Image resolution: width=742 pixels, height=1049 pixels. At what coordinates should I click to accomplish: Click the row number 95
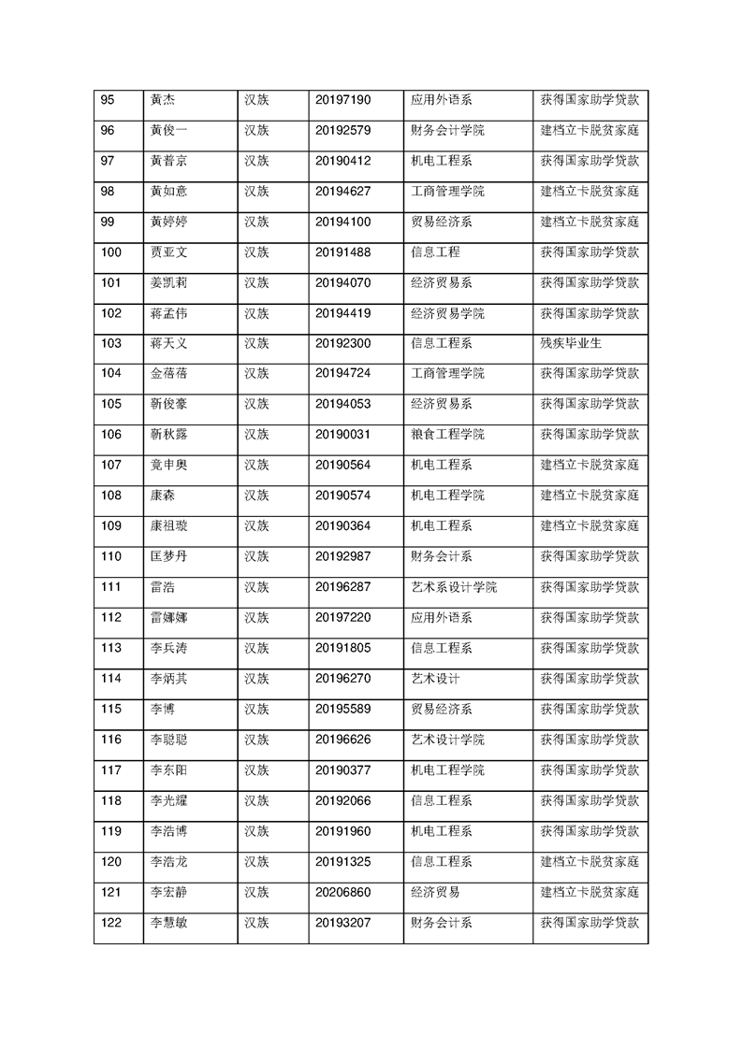(x=107, y=100)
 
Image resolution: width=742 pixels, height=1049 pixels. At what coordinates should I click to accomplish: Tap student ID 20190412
(x=343, y=161)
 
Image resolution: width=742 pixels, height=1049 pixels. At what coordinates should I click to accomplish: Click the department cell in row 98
(x=448, y=192)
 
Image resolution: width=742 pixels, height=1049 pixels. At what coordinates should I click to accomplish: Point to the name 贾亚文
(x=168, y=252)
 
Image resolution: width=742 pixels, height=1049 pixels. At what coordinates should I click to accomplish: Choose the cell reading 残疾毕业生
(x=571, y=343)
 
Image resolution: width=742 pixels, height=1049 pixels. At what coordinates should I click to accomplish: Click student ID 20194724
(x=343, y=374)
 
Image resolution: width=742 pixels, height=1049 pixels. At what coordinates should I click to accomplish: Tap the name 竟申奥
(x=168, y=465)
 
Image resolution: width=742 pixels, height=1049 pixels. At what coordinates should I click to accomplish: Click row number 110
(x=110, y=556)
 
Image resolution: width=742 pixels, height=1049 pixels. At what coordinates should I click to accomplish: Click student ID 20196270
(x=343, y=678)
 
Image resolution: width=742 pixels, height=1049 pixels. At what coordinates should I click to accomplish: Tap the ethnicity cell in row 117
(x=256, y=769)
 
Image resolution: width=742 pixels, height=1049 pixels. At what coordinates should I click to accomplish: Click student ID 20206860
(x=343, y=891)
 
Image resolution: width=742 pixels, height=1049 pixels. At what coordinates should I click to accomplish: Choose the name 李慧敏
(x=168, y=922)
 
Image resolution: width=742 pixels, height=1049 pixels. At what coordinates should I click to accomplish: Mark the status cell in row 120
(x=589, y=861)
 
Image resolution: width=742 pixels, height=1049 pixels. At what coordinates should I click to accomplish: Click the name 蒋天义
(x=168, y=343)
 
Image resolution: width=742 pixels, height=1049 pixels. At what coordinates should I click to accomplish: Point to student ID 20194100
(x=343, y=222)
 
